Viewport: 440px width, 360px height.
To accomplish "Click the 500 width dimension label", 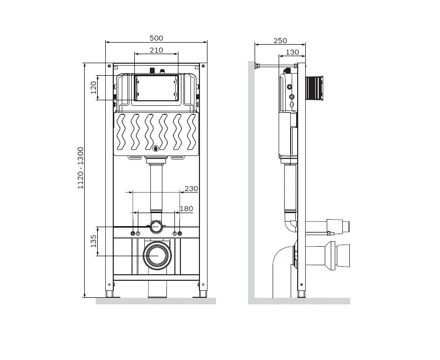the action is [x=156, y=38].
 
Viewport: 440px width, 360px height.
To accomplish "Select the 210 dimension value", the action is [x=156, y=50].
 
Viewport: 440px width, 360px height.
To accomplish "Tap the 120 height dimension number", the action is [x=93, y=88].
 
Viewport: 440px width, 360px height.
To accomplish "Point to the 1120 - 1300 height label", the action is [x=81, y=168].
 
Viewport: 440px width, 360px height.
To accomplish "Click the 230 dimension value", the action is [x=191, y=189].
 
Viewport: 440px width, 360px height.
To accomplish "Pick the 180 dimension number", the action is [x=186, y=209].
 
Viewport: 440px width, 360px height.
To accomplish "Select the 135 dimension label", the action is [x=93, y=241].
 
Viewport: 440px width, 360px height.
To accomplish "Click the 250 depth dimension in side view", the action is [x=280, y=41].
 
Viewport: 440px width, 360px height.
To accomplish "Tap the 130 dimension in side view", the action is [x=292, y=52].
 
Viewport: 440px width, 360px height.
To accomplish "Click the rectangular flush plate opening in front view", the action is [x=156, y=88].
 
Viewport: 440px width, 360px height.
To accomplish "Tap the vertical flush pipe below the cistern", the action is [x=156, y=188].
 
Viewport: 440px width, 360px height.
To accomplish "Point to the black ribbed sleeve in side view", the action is [x=314, y=88].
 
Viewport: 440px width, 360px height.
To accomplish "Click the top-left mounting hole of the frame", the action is [x=109, y=66].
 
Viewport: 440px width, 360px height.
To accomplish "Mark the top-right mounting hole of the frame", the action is [x=203, y=66].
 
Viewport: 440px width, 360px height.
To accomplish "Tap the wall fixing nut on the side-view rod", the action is [x=257, y=66].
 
